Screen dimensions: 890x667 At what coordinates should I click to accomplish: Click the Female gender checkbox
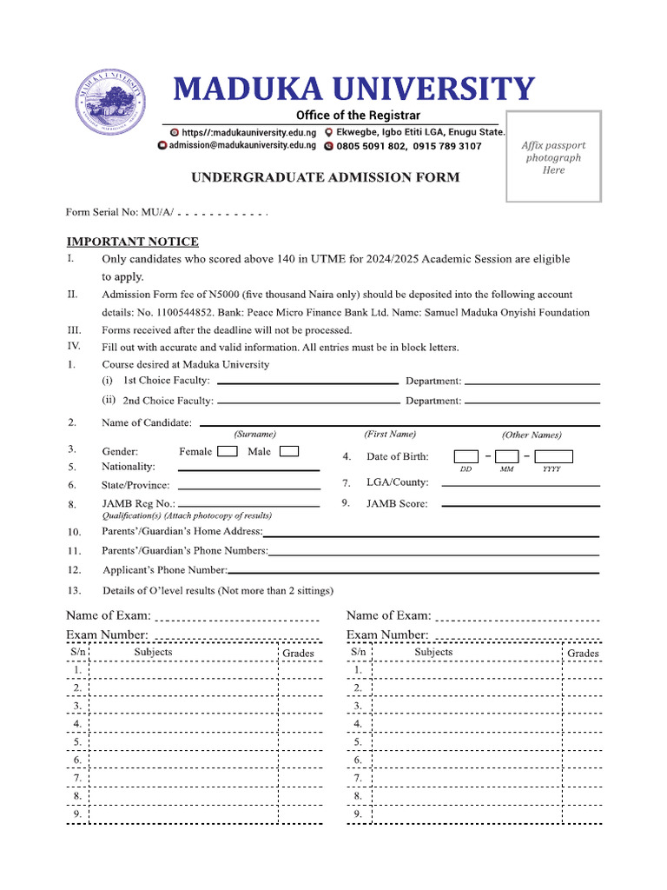(x=227, y=451)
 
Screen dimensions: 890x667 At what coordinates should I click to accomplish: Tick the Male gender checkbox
(x=289, y=451)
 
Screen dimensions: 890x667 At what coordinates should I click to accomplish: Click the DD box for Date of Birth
(x=466, y=456)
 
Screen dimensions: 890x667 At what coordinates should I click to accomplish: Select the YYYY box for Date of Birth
(x=553, y=456)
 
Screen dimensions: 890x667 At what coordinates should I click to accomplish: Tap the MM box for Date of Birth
(x=507, y=456)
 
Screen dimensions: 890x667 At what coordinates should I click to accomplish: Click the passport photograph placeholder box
(x=553, y=156)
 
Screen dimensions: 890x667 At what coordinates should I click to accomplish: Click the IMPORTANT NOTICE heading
(x=133, y=242)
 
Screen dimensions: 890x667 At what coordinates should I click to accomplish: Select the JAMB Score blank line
(x=520, y=505)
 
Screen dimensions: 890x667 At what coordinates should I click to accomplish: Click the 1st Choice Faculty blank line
(x=307, y=382)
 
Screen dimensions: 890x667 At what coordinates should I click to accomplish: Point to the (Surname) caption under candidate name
(x=254, y=434)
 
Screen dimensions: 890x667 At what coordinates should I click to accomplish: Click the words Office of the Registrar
(x=358, y=116)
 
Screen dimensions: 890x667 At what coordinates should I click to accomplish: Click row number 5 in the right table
(x=357, y=742)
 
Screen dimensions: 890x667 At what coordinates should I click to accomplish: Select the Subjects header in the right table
(x=433, y=652)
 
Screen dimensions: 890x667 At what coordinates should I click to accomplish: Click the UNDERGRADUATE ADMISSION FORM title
(x=325, y=177)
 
